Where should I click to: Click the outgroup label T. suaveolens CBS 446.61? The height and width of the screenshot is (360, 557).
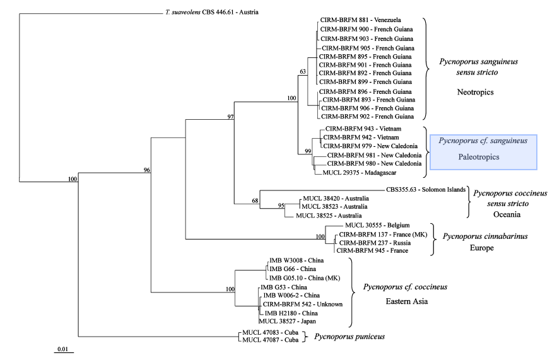(x=208, y=13)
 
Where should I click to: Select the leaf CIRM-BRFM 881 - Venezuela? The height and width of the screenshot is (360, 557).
(x=357, y=20)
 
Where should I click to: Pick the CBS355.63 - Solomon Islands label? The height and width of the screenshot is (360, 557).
(x=425, y=189)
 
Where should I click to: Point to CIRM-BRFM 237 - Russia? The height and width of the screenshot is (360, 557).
(x=371, y=242)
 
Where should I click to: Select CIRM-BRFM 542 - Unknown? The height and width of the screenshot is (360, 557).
(x=303, y=304)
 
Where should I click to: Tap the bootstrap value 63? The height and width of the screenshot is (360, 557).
(x=302, y=71)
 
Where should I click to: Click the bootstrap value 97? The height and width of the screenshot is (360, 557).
(x=231, y=117)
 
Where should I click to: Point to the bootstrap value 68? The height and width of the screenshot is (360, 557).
(x=255, y=201)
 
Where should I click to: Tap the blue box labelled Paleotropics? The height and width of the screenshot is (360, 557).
(x=483, y=152)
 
